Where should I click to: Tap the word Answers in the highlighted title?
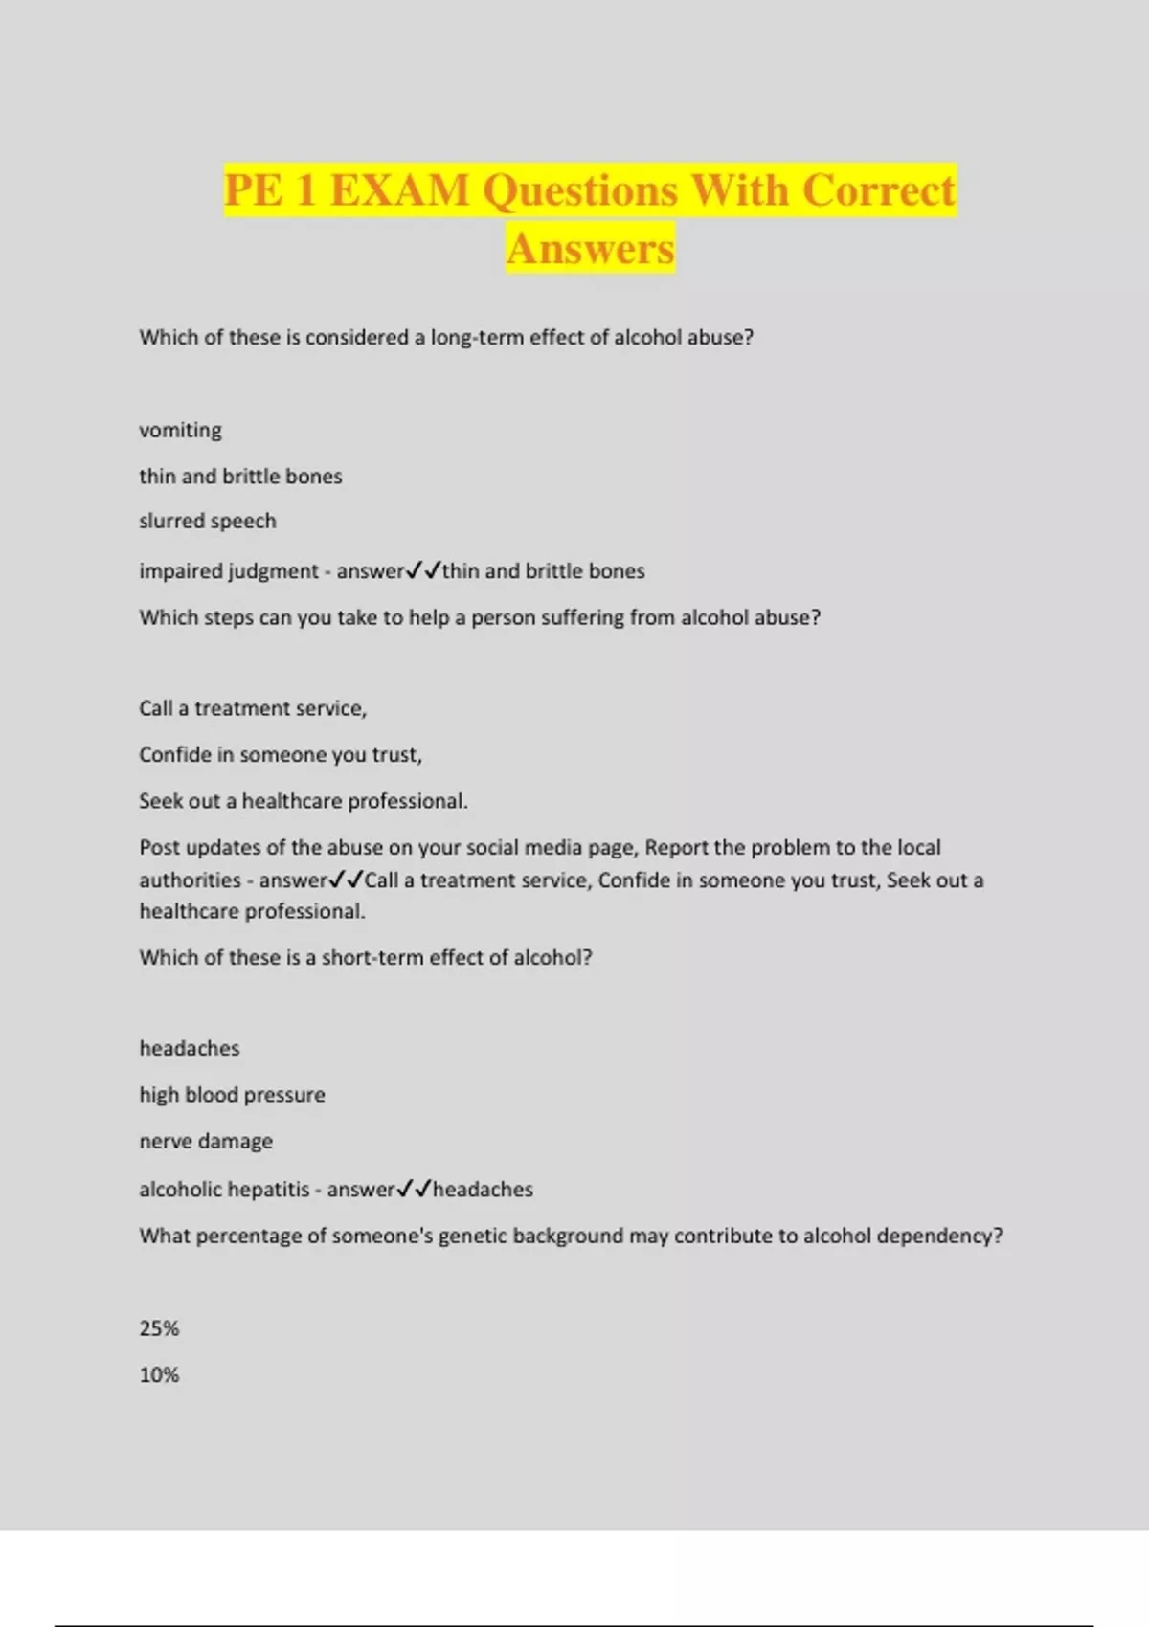click(x=591, y=249)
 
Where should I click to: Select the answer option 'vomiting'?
click(x=180, y=431)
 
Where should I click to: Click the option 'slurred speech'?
click(x=208, y=522)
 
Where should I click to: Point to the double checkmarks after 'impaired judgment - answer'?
click(x=423, y=571)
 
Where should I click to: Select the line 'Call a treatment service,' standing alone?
click(x=253, y=709)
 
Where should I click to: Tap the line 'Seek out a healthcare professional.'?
click(x=304, y=801)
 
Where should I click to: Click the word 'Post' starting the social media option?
click(x=160, y=848)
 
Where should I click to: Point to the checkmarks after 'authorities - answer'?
click(x=346, y=880)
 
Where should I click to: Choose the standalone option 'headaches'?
click(x=190, y=1049)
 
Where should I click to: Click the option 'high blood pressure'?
click(x=233, y=1095)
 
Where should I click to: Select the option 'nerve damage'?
click(x=206, y=1142)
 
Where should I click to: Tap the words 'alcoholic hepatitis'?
click(x=224, y=1190)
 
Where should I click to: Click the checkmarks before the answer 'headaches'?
click(x=414, y=1189)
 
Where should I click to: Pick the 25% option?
click(x=159, y=1328)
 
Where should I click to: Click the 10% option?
click(x=159, y=1375)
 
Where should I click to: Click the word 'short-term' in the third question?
click(x=372, y=958)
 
